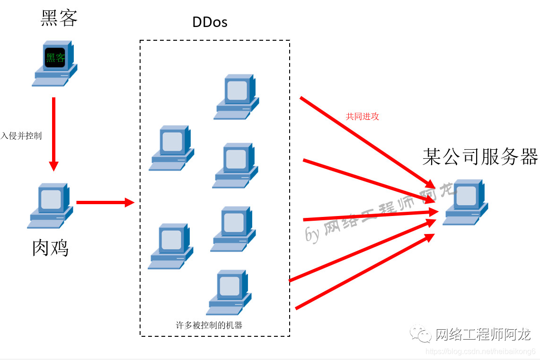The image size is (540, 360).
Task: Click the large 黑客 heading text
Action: pyautogui.click(x=59, y=18)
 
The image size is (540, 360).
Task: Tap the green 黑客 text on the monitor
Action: pyautogui.click(x=55, y=58)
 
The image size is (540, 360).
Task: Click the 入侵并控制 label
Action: pyautogui.click(x=21, y=136)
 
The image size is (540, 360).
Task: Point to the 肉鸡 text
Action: pyautogui.click(x=50, y=247)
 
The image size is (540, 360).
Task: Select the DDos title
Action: pyautogui.click(x=210, y=22)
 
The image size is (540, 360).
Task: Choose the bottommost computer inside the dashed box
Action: pyautogui.click(x=229, y=292)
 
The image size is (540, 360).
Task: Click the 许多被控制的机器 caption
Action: pyautogui.click(x=209, y=325)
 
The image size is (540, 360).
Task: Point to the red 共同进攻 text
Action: pyautogui.click(x=362, y=117)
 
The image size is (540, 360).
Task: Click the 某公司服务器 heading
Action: pyautogui.click(x=480, y=157)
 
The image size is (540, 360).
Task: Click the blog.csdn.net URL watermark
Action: pyautogui.click(x=480, y=351)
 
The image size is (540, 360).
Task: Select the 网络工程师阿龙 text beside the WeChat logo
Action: pyautogui.click(x=483, y=334)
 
